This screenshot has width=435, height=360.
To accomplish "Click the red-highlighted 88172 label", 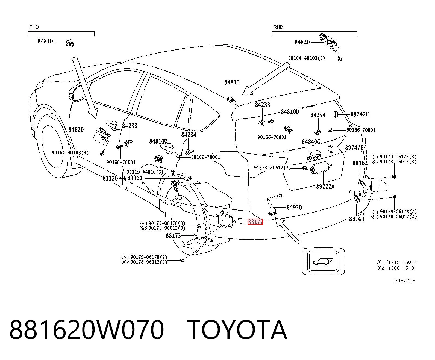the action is pos(255,222).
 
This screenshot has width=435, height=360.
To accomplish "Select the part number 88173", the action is pos(173,236).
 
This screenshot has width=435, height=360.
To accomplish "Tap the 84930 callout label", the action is pos(294,207).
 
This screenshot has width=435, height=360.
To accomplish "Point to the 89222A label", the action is pos(325,187).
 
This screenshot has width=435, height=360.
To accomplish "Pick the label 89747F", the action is pos(360,114).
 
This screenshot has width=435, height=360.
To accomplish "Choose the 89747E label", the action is pos(354,148).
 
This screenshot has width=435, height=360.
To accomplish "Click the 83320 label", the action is pos(110,178).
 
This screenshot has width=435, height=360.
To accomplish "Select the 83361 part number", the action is pos(135,178).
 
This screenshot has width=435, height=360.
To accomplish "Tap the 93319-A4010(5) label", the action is pos(145,172).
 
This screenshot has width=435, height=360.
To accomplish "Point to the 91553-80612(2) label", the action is pos(272,167).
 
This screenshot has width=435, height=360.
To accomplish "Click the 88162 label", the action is pos(360,163).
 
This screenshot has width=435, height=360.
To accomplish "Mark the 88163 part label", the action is pos(357,219).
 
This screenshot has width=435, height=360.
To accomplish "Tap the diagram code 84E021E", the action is pos(405,281).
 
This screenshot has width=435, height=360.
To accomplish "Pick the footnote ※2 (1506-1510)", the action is pos(396,268).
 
